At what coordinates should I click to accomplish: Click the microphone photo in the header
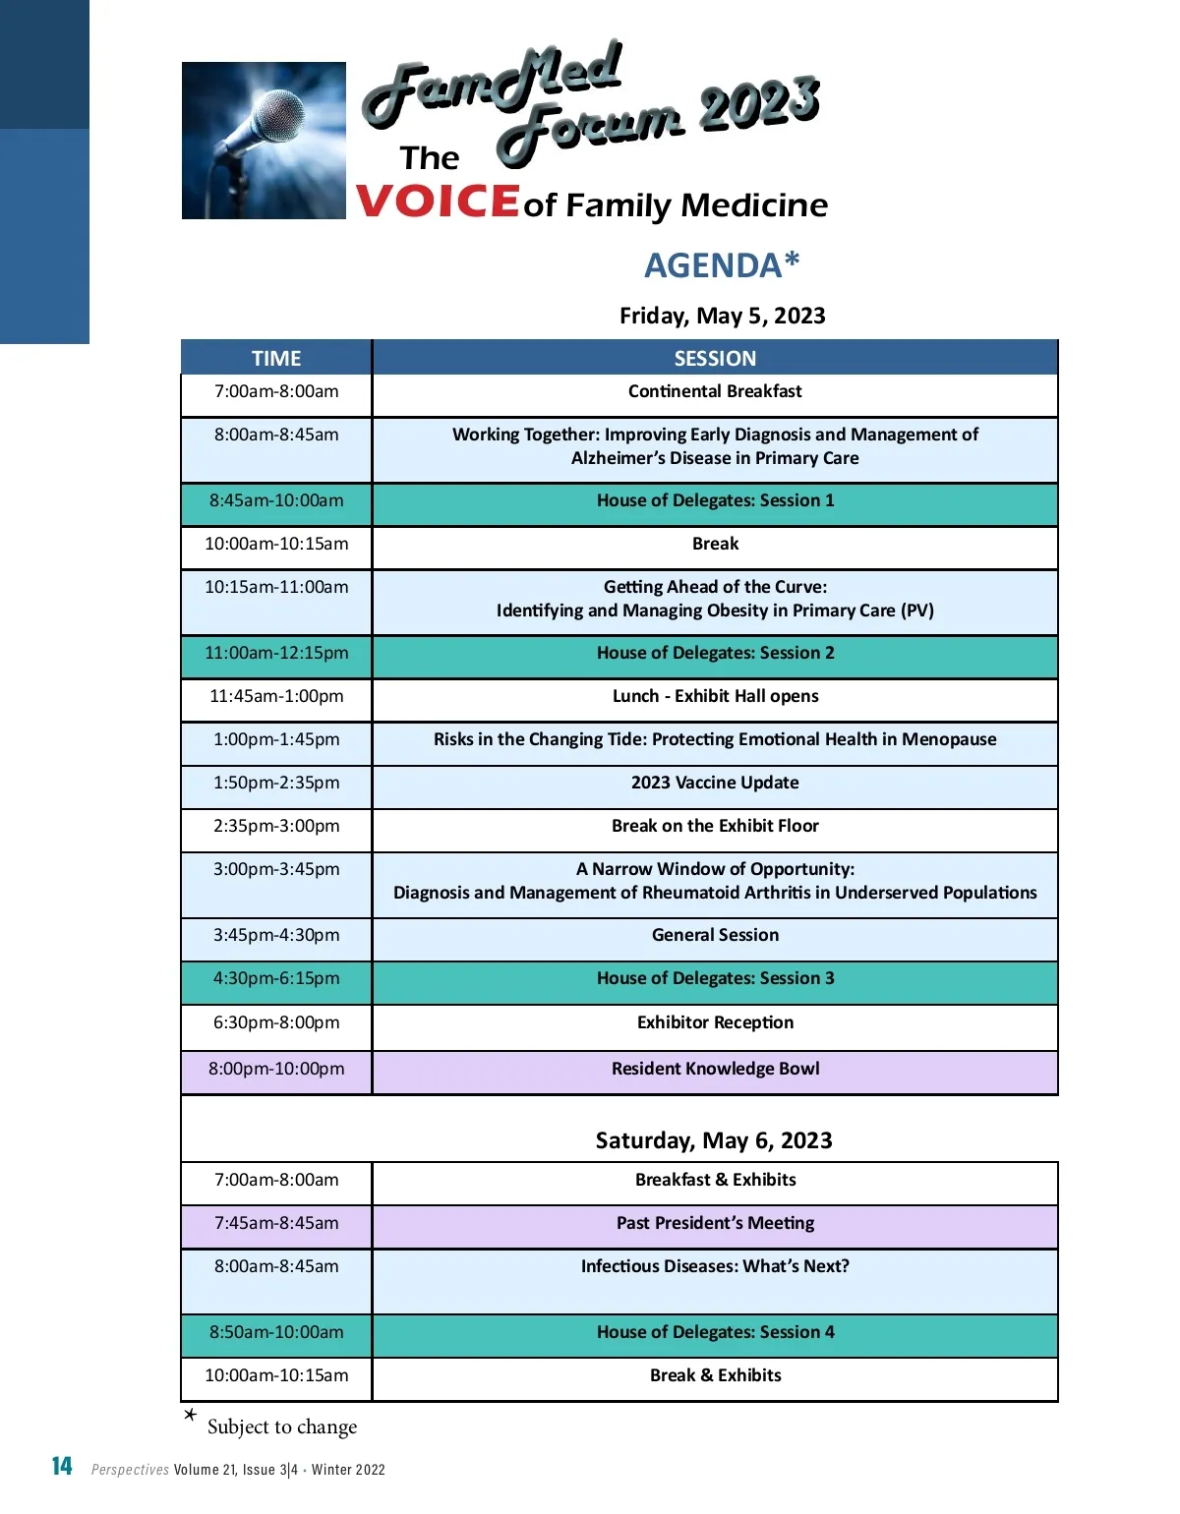264,141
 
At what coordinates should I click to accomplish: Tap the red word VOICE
438,202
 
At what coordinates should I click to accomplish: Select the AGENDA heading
722,265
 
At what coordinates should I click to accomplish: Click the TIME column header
276,358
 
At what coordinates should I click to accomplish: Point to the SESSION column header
715,358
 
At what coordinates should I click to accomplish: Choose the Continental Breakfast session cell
715,391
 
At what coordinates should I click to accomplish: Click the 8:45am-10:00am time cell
276,500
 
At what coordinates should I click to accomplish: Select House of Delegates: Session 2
715,653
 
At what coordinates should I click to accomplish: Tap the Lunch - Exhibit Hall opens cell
715,696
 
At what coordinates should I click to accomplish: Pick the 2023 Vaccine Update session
715,783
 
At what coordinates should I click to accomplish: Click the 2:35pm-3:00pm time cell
276,826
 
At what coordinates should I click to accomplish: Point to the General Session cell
715,935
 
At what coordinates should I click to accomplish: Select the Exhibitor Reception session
715,1022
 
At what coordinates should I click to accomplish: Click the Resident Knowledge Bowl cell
715,1069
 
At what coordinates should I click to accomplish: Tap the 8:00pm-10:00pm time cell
276,1069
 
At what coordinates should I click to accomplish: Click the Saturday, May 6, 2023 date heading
714,1140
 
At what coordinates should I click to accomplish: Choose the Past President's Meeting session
715,1223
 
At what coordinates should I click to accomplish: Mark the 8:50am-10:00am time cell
276,1332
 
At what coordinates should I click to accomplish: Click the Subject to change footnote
281,1427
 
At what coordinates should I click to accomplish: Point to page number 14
62,1467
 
